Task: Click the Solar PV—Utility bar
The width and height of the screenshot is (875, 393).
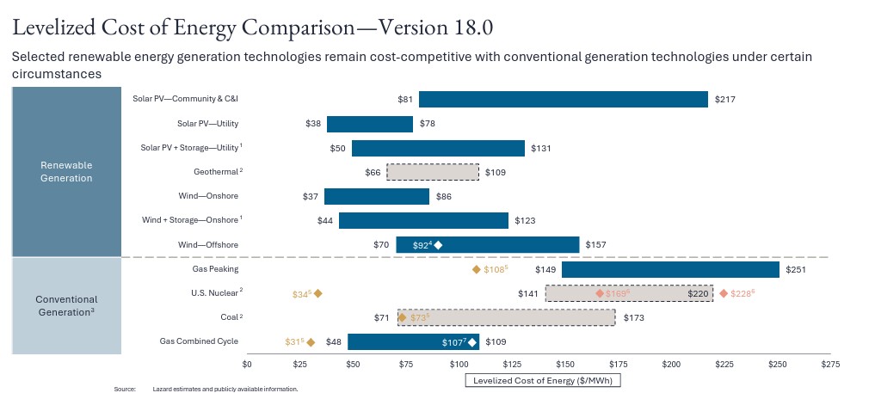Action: [x=370, y=124]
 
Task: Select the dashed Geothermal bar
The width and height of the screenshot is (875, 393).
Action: [x=433, y=172]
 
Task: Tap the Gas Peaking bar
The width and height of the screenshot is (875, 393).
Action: [x=670, y=269]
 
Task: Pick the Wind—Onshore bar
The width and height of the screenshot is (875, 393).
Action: [x=377, y=197]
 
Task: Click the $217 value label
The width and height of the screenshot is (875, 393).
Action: [x=724, y=100]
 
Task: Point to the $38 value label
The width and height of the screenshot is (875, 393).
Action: [x=313, y=124]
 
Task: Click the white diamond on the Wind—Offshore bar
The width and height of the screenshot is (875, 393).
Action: [x=438, y=246]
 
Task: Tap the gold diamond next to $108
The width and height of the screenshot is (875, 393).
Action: [x=477, y=270]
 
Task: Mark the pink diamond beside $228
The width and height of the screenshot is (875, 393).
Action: [x=723, y=293]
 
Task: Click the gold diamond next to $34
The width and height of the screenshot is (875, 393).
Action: [x=317, y=293]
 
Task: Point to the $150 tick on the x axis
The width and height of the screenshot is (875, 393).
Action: [x=565, y=365]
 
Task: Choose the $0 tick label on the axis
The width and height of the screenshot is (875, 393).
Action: [x=247, y=365]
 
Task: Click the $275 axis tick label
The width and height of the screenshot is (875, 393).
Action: [x=830, y=365]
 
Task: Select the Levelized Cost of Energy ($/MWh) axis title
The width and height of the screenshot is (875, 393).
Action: [x=543, y=379]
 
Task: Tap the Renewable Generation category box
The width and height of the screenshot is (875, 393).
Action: [x=65, y=171]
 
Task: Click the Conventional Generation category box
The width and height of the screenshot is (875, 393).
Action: [x=65, y=305]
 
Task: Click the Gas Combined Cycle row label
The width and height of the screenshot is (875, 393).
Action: [x=199, y=341]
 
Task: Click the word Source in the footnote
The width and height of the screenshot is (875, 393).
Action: [x=125, y=389]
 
